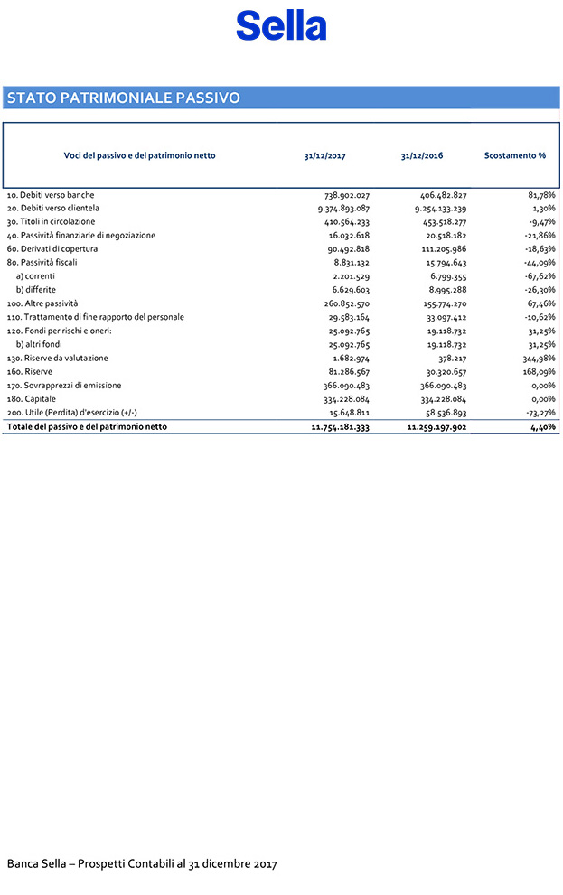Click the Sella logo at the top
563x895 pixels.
(x=281, y=25)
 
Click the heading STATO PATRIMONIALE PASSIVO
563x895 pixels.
(x=124, y=98)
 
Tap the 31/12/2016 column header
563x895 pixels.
(x=421, y=155)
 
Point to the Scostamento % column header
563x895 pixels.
(x=515, y=155)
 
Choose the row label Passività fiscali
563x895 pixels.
(x=48, y=262)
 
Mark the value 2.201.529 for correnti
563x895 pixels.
(x=346, y=276)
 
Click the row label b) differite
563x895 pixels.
(x=36, y=289)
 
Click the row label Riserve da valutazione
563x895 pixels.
(x=57, y=358)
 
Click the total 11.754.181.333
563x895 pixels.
(x=334, y=426)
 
